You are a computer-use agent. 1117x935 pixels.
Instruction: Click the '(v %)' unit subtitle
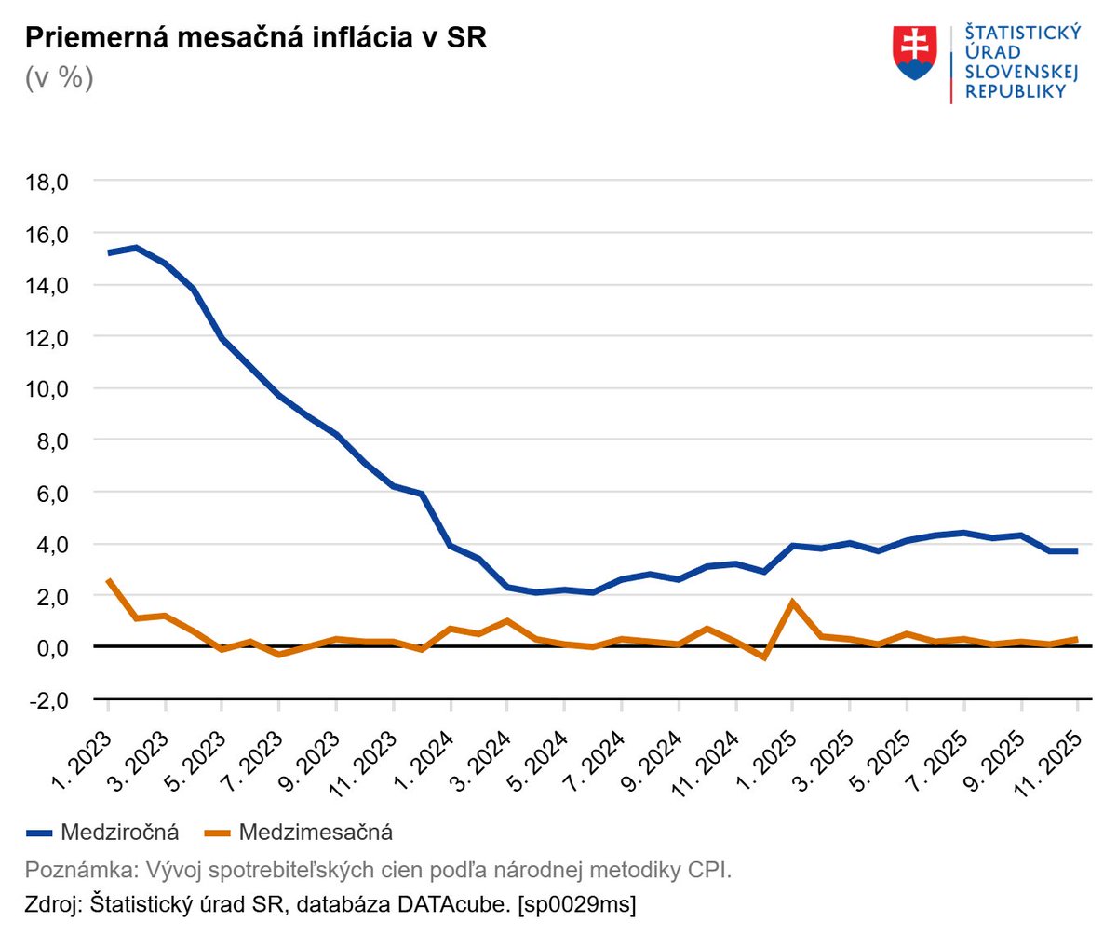point(60,78)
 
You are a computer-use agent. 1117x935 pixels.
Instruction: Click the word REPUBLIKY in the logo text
point(1015,91)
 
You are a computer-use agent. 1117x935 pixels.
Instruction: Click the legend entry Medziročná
point(119,832)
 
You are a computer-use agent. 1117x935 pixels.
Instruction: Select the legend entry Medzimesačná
point(315,832)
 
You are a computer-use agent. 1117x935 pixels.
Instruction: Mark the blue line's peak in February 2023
point(137,248)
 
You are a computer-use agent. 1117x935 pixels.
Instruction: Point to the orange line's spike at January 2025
point(792,602)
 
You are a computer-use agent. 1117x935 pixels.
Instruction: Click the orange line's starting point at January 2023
point(109,579)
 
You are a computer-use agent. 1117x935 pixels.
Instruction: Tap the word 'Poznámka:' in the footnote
point(79,870)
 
